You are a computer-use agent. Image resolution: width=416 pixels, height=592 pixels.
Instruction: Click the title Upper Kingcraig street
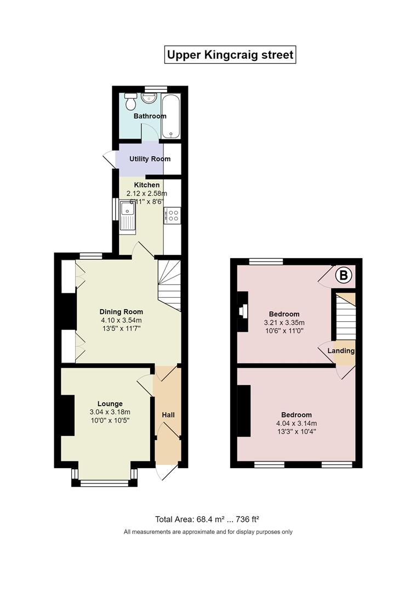(230, 55)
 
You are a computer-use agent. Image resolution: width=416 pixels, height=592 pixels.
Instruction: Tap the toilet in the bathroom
(130, 100)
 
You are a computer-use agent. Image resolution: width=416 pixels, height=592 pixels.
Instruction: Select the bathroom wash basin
(149, 98)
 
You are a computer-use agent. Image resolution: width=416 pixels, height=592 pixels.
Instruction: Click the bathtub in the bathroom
(171, 115)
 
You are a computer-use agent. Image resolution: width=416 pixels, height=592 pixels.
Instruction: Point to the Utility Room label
(150, 159)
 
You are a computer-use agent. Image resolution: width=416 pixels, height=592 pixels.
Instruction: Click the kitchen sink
(128, 216)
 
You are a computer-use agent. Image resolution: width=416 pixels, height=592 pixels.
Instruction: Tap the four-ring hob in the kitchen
(172, 215)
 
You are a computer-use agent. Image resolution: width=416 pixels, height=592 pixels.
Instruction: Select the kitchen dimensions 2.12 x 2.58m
(146, 193)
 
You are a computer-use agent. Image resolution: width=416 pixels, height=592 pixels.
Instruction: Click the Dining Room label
(121, 311)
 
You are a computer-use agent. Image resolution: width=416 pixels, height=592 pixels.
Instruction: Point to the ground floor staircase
(169, 285)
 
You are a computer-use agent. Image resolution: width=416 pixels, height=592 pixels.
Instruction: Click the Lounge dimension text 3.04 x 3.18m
(110, 412)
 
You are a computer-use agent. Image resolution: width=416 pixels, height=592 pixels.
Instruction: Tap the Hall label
(168, 415)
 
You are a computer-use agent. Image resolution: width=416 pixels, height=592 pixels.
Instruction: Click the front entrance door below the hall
(167, 471)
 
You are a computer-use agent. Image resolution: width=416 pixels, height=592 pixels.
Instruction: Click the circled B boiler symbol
(344, 276)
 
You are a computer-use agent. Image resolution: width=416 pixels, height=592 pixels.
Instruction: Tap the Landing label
(341, 351)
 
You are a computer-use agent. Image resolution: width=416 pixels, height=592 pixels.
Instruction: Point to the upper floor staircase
(345, 318)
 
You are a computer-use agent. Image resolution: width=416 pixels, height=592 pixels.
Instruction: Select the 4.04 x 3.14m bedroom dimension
(297, 423)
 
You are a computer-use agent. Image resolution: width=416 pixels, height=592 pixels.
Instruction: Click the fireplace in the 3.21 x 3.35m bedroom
(242, 311)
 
